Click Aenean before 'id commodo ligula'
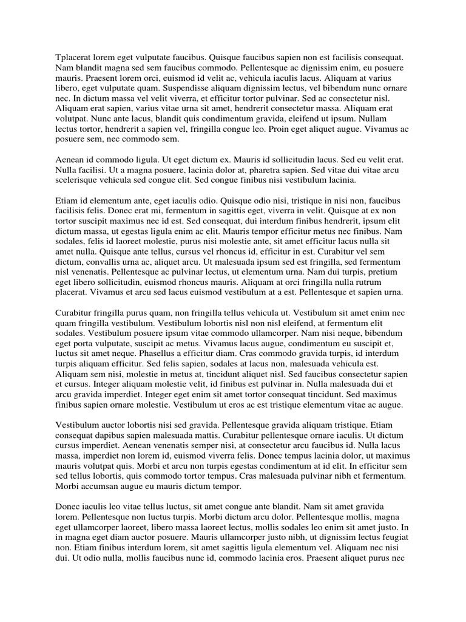pyautogui.click(x=71, y=159)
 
